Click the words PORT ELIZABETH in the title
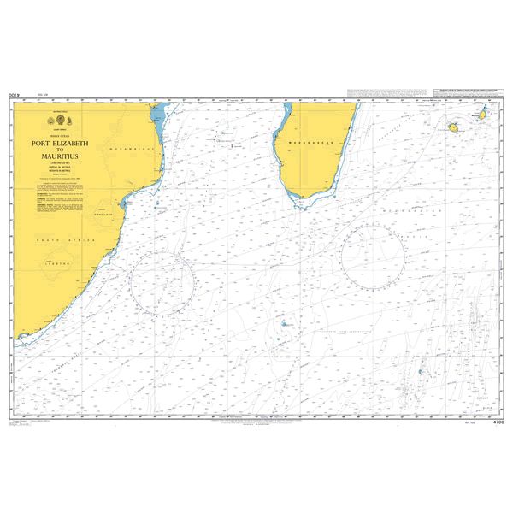point(62,142)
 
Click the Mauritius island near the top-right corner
point(482,114)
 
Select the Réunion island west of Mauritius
point(453,127)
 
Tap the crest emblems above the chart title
point(62,121)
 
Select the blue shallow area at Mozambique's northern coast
point(156,115)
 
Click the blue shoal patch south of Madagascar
point(283,324)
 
